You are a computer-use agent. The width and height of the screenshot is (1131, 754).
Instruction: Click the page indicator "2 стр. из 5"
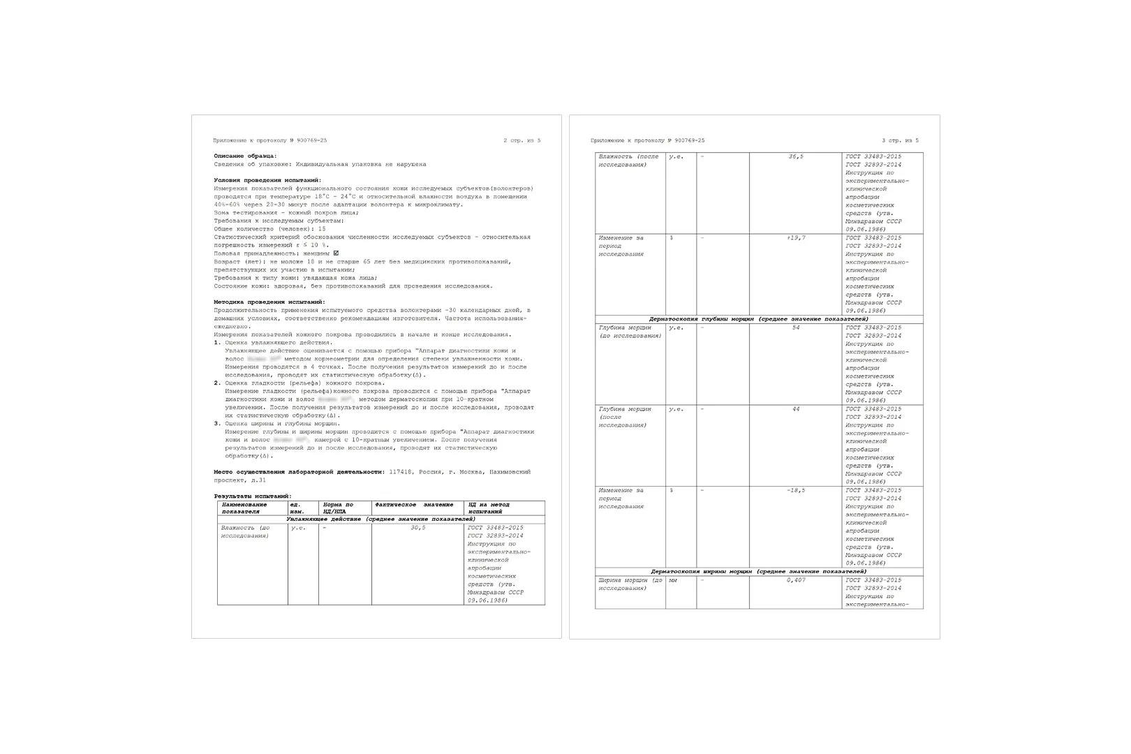(x=522, y=140)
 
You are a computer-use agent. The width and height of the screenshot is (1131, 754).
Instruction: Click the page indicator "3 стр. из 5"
(x=900, y=140)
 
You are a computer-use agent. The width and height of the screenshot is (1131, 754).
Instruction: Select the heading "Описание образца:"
(x=245, y=156)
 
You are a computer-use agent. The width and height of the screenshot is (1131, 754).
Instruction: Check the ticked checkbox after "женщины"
(x=337, y=253)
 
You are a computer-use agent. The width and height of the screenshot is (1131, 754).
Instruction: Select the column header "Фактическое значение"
(x=414, y=505)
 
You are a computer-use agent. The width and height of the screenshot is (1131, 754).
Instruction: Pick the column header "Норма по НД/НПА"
(x=339, y=508)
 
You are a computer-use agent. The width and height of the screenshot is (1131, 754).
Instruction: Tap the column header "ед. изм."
(x=297, y=508)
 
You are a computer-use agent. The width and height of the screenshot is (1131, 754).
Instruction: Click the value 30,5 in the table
(x=417, y=528)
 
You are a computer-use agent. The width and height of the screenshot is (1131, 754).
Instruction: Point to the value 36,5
(x=796, y=156)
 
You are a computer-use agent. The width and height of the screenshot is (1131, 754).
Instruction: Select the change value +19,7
(x=796, y=238)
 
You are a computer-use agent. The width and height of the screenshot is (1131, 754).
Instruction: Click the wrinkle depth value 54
(x=796, y=327)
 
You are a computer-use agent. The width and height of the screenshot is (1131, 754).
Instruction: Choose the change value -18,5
(x=796, y=490)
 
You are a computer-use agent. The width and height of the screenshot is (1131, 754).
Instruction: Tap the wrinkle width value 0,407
(x=796, y=580)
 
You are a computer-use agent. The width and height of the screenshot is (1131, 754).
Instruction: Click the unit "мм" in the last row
(x=673, y=580)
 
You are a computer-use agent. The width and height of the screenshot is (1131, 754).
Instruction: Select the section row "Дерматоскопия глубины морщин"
(x=758, y=319)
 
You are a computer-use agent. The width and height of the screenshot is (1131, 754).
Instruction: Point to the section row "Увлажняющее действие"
(x=380, y=519)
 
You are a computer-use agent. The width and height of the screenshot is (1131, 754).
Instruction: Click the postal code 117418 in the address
(x=398, y=472)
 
